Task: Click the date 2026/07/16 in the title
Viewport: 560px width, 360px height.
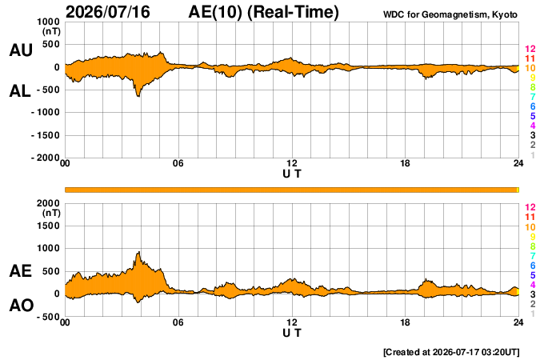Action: click(108, 12)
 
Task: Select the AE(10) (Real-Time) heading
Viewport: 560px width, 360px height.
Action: click(263, 12)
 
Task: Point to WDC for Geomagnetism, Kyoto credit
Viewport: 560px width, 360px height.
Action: click(450, 14)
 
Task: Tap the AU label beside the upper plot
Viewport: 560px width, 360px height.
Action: click(21, 50)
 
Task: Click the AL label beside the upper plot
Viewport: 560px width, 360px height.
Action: click(20, 91)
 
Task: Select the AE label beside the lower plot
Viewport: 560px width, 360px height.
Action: click(20, 271)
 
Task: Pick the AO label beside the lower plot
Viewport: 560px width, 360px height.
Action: click(22, 306)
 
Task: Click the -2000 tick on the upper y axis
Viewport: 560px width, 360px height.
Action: click(46, 158)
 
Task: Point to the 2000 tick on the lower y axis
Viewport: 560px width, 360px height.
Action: click(48, 203)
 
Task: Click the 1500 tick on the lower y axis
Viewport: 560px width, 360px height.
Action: click(48, 226)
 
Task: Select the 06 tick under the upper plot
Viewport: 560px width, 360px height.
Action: click(178, 163)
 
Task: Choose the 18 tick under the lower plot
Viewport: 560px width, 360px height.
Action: click(405, 322)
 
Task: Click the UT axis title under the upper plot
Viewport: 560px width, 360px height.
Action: click(292, 174)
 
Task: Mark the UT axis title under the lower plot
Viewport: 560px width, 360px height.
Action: click(292, 333)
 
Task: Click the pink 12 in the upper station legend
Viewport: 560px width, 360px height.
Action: click(530, 49)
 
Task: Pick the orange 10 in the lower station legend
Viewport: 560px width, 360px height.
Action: click(530, 227)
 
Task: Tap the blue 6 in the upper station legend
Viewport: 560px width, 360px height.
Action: click(533, 106)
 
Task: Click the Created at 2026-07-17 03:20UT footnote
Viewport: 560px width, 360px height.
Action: click(451, 352)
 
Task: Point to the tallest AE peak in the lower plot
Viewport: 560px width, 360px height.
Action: click(138, 252)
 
